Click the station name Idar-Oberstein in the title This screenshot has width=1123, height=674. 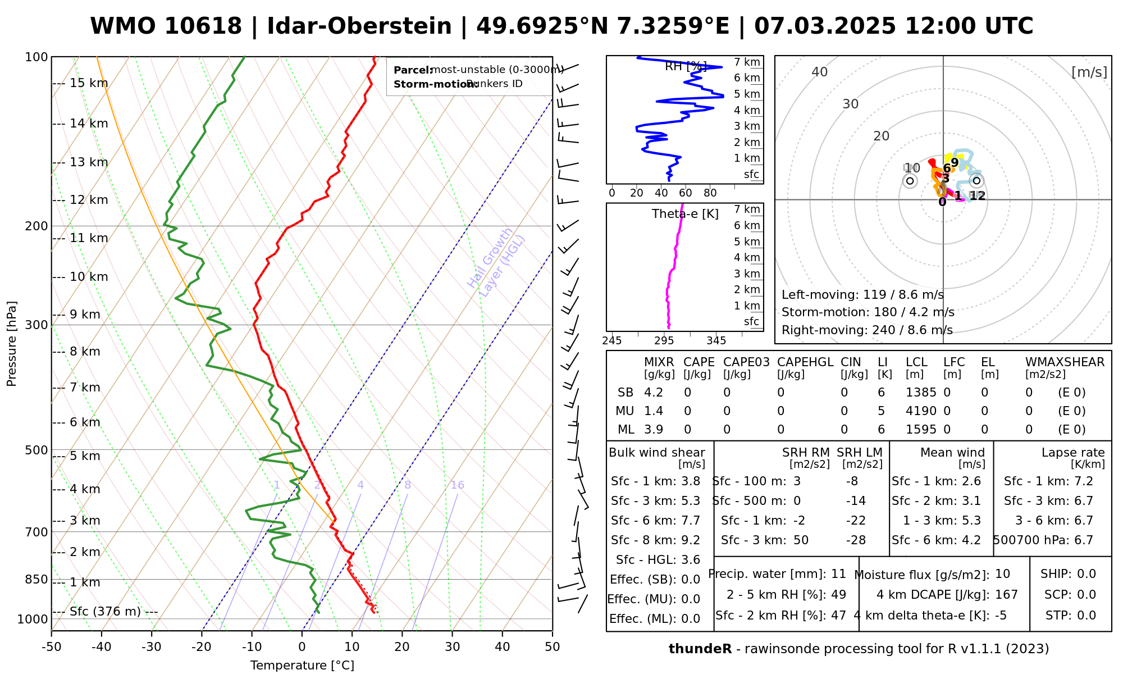click(359, 26)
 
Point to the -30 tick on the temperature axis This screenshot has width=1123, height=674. click(151, 647)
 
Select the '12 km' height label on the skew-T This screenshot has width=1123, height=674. click(89, 200)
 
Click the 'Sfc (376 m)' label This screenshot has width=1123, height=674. click(105, 612)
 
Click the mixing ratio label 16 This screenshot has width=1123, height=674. click(457, 485)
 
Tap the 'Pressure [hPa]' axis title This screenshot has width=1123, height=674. click(12, 344)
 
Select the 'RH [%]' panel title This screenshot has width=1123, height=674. click(685, 66)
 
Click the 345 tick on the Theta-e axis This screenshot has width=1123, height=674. click(716, 341)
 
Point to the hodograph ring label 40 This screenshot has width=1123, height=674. click(819, 72)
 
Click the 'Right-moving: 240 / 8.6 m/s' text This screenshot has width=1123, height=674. click(867, 330)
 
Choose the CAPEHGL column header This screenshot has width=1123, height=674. click(805, 362)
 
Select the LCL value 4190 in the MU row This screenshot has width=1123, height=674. click(921, 411)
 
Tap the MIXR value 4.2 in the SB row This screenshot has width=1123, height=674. click(654, 393)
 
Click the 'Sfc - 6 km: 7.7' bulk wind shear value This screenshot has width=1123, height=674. click(655, 521)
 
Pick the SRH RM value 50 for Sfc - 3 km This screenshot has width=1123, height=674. click(801, 540)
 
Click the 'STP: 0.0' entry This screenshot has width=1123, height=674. click(1070, 616)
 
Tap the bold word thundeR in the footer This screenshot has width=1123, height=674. click(700, 649)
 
